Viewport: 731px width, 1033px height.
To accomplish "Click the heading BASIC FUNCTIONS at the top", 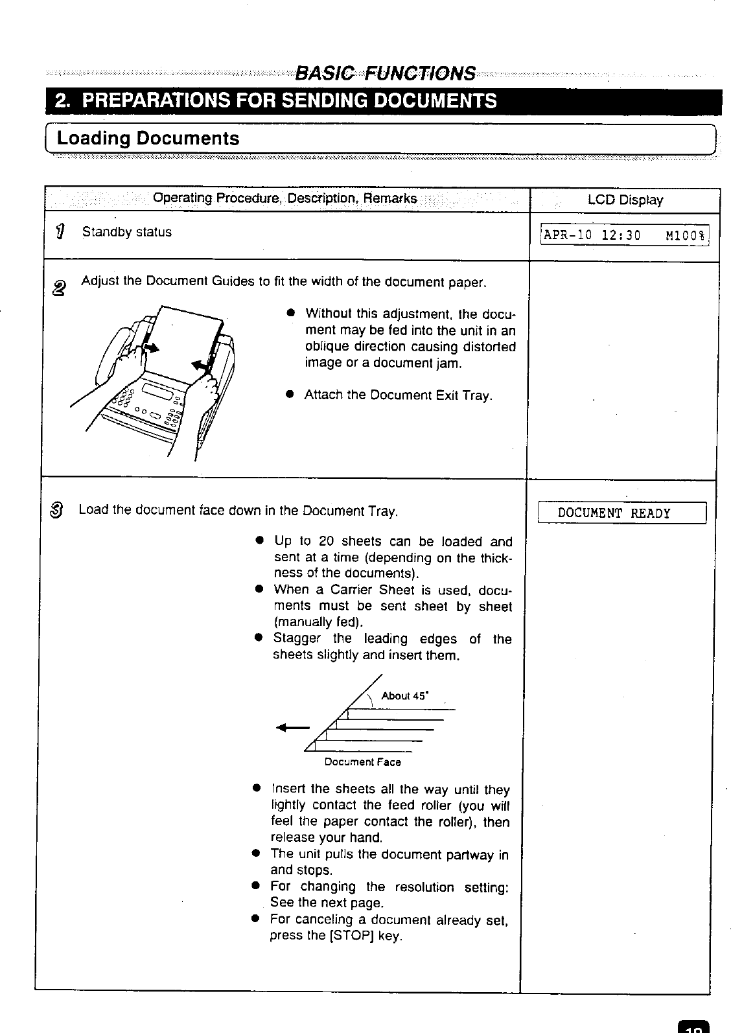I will [385, 73].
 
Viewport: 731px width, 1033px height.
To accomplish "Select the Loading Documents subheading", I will [148, 138].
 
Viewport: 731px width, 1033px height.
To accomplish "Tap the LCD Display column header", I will [625, 200].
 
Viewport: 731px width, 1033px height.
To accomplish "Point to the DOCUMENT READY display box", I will [614, 514].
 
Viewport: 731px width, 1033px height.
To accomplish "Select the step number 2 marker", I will [59, 287].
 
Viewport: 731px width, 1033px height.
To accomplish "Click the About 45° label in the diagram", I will [404, 696].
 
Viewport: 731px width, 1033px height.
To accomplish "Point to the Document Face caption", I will [362, 762].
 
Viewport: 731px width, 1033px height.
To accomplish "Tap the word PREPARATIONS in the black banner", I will [161, 101].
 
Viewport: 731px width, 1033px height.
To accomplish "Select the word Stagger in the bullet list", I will [297, 638].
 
